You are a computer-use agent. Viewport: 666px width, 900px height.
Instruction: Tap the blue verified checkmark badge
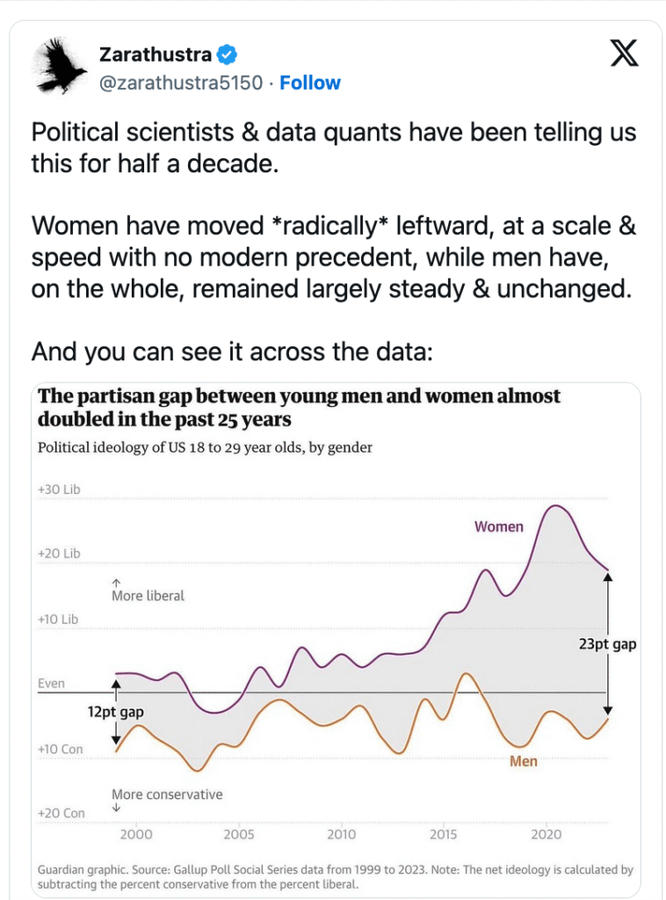228,54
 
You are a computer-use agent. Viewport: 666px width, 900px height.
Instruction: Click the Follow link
310,83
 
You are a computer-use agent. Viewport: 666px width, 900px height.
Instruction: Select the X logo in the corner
625,54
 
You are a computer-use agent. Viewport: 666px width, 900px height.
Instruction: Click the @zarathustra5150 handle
181,83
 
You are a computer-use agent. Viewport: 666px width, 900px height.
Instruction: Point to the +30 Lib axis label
59,489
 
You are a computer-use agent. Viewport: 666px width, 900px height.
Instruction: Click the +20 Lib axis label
59,554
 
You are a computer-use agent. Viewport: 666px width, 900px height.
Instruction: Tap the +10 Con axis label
61,749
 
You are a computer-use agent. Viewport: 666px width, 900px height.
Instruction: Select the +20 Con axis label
61,813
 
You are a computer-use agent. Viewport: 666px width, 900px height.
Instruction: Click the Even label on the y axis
51,684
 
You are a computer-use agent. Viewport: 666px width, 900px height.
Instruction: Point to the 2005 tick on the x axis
239,834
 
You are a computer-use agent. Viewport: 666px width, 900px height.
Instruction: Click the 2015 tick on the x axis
445,834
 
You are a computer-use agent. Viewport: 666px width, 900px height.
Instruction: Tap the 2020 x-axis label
547,834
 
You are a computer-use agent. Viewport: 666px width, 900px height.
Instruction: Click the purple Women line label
499,527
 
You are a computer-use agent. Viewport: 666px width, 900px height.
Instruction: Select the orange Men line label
524,761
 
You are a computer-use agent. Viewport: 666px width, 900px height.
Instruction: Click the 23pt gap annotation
608,644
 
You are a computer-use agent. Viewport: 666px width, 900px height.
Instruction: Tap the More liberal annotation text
148,596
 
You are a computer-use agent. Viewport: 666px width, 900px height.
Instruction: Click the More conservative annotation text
167,795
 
